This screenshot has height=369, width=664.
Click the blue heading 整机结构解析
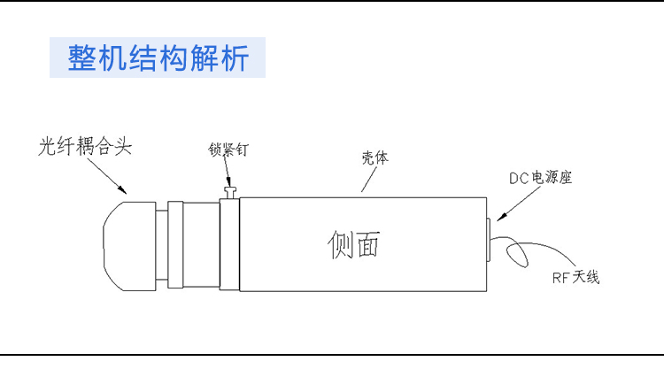coord(158,58)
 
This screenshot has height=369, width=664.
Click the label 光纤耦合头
coord(84,146)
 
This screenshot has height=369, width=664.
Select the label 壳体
coord(375,157)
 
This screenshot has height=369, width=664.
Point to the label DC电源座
coord(541,177)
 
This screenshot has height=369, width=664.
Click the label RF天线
coord(575,278)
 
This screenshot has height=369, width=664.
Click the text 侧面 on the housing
coord(353,243)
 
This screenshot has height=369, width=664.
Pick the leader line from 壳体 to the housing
coord(368,179)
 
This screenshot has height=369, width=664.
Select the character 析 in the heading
coord(235,58)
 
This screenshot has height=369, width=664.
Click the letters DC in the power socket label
coord(518,178)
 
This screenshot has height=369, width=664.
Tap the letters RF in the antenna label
coord(559,279)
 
